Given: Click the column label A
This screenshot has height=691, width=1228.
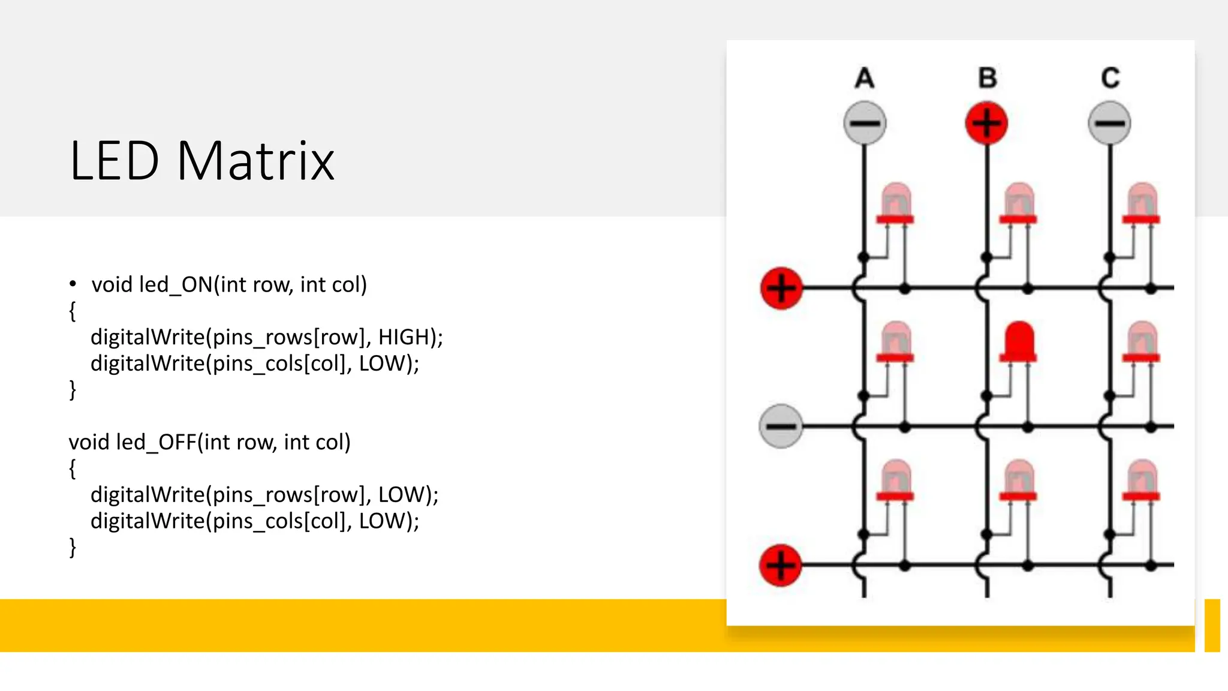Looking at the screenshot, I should (x=864, y=78).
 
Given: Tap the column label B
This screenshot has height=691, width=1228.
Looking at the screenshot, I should (x=987, y=78).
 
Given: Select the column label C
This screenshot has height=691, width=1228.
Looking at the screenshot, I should (x=1110, y=78).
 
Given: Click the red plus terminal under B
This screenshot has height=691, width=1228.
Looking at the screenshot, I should (x=986, y=123).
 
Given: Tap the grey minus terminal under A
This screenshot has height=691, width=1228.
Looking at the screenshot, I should (x=864, y=123).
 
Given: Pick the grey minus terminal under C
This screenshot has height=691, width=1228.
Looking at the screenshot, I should (x=1109, y=123).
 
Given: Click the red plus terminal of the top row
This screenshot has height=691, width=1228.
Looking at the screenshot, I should (x=781, y=288).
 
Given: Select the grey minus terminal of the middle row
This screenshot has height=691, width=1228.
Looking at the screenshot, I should (x=781, y=426).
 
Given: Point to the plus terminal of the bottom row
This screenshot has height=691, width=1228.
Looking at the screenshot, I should (x=781, y=564).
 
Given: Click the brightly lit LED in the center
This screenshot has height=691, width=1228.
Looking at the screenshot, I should (x=1018, y=342).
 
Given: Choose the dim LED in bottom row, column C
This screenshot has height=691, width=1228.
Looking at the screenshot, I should (x=1141, y=480).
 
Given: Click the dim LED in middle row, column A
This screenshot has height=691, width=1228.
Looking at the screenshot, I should (x=895, y=342).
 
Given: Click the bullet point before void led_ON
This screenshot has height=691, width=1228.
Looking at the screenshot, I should (x=73, y=284).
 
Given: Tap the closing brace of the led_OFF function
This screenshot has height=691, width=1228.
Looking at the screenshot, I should (x=73, y=547).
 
